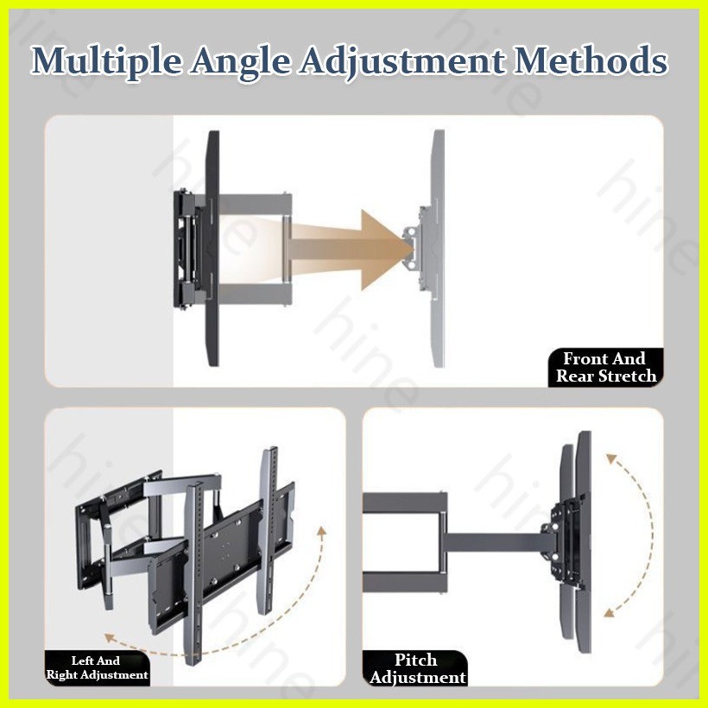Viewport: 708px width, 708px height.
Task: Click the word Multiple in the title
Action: point(109,61)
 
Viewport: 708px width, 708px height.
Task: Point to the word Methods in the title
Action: point(591,61)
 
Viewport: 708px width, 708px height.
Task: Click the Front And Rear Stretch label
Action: point(605,367)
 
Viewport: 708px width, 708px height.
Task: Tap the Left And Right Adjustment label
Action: point(97,667)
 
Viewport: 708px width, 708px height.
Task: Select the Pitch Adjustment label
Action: point(417,668)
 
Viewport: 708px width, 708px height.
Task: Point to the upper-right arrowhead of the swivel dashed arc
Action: point(322,529)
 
